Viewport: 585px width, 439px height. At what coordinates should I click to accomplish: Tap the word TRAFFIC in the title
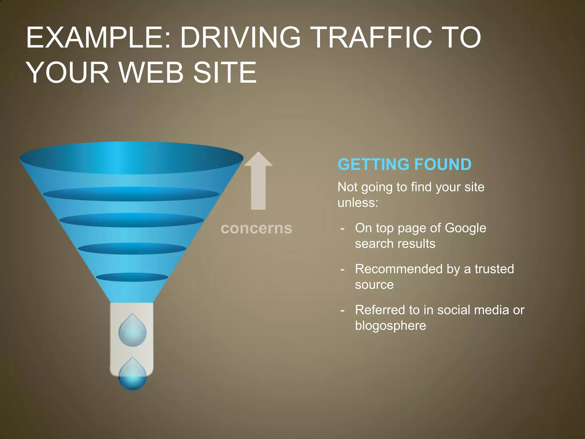[374, 37]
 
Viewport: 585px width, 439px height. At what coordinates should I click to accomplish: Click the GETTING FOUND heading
[404, 165]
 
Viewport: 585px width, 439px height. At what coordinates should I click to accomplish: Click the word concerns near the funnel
[257, 228]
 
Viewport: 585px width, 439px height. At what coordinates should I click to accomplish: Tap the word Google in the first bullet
[465, 228]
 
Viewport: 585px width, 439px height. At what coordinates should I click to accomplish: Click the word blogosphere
[390, 326]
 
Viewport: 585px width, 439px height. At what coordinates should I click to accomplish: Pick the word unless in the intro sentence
[358, 203]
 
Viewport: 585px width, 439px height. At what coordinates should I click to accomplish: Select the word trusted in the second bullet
[494, 269]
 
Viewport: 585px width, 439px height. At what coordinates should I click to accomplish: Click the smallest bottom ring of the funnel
[132, 277]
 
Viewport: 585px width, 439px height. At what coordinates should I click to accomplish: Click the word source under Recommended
[374, 285]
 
